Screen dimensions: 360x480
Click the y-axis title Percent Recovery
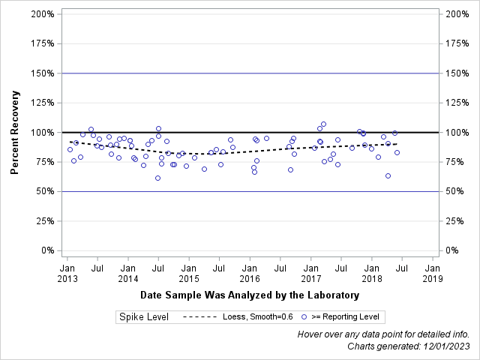[x=14, y=132]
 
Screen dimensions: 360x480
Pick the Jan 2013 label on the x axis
[x=67, y=273]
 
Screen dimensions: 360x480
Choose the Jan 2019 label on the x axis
[x=432, y=273]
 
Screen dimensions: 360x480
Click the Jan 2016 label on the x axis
[x=250, y=273]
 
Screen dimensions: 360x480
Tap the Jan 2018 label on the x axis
[x=371, y=273]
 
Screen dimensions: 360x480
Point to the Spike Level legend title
[x=143, y=317]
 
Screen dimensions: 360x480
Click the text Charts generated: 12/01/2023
[x=409, y=346]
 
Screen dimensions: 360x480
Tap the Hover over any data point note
[x=383, y=334]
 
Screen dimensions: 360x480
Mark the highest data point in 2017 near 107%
[x=323, y=124]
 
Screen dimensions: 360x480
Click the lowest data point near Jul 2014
[x=157, y=178]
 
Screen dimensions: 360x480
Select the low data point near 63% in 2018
[x=388, y=175]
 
